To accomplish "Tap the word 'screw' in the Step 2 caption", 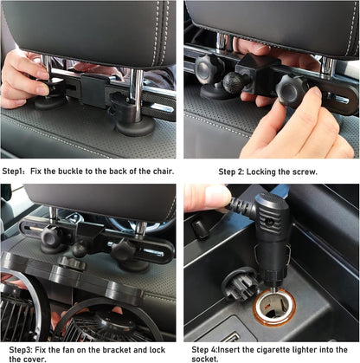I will pyautogui.click(x=303, y=172).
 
